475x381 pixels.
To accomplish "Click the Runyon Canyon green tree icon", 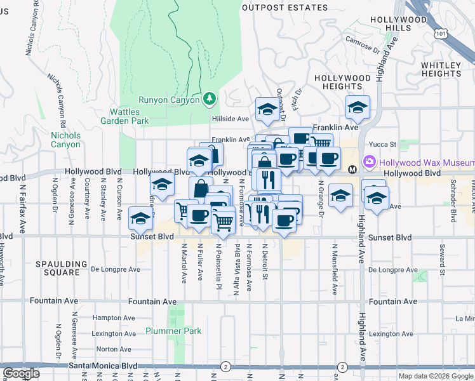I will (210, 99).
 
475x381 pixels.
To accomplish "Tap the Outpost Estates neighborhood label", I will (284, 8).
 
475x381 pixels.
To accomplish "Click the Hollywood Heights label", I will (343, 82).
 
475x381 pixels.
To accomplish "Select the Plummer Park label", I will (173, 331).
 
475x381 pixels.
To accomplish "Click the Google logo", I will (22, 373).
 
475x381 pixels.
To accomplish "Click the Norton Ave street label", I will (114, 349).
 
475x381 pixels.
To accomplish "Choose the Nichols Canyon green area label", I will (66, 140).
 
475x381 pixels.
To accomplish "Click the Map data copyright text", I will (435, 376).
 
